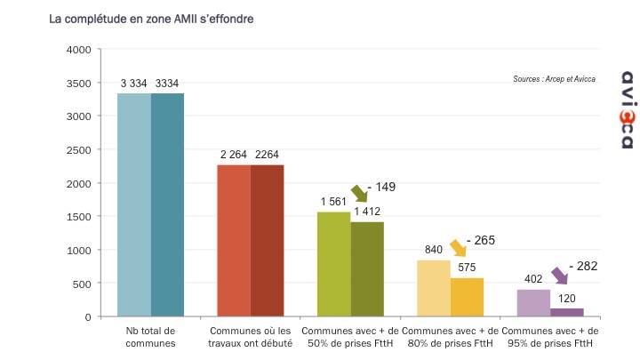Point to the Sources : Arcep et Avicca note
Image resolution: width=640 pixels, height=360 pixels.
point(554,79)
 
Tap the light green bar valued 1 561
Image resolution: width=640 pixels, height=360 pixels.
point(334,264)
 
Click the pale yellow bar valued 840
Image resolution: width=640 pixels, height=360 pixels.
point(434,288)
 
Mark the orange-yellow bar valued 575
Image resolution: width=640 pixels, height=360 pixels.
point(467,297)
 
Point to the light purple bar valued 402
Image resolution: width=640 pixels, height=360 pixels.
point(533,302)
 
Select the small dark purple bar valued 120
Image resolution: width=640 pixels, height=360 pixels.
point(566,312)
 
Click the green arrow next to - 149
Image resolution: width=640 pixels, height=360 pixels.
point(359,193)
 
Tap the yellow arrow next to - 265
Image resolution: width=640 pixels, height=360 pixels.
point(459,247)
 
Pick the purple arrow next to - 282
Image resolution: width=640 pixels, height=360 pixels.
point(559,275)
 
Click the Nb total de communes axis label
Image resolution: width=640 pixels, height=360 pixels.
point(150,337)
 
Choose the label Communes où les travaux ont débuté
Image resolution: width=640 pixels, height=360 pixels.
point(251,337)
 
